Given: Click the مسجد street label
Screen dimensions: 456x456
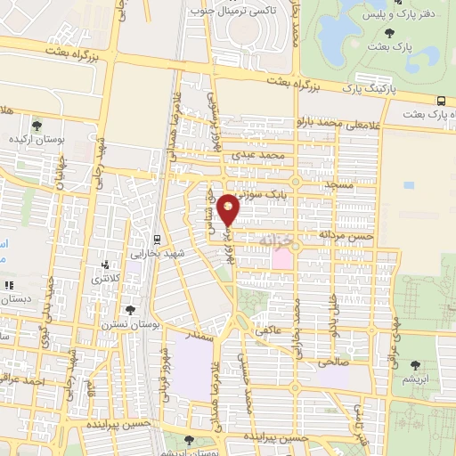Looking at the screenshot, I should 339,185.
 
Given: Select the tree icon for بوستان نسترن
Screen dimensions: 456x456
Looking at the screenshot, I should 132,309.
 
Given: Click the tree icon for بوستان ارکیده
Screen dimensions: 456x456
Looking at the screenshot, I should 36,126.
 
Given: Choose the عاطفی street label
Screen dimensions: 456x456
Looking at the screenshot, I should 268,330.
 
